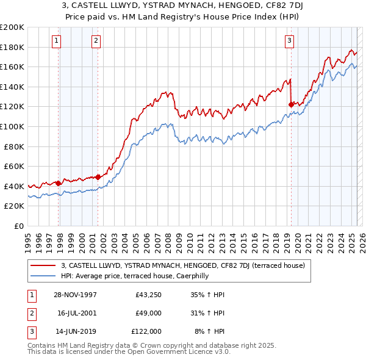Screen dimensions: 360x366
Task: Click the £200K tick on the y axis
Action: click(x=12, y=27)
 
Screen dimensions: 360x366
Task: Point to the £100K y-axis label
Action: click(x=12, y=126)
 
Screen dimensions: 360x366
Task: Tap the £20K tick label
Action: click(x=14, y=206)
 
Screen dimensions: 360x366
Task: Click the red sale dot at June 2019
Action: click(x=290, y=104)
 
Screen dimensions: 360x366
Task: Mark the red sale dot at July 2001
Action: click(x=98, y=177)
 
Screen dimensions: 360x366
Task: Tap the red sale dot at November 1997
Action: click(x=59, y=182)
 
